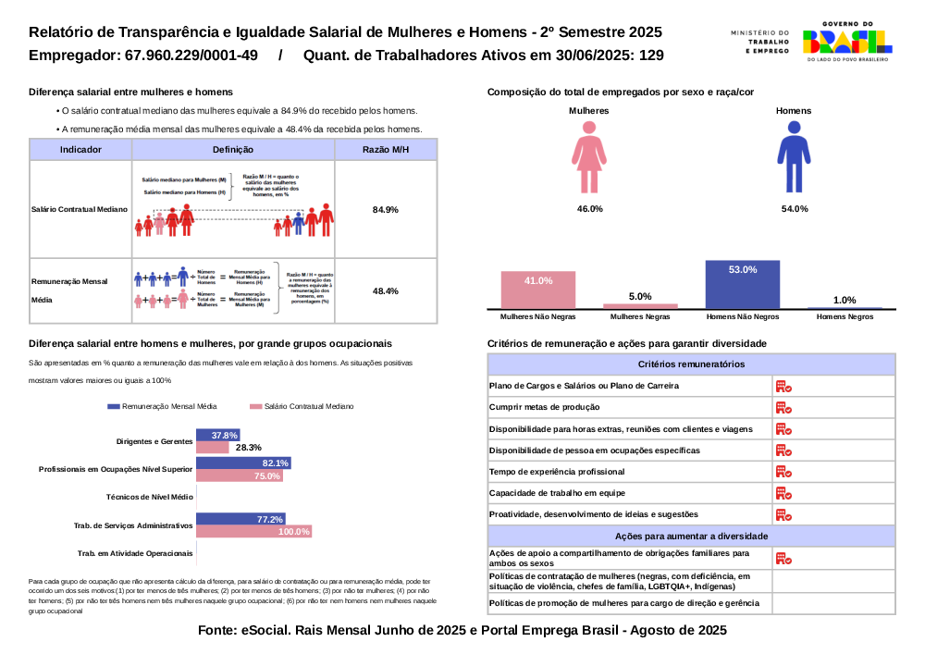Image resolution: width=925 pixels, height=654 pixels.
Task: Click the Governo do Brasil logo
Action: (846, 41)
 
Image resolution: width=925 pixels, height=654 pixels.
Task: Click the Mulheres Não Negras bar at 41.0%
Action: (538, 290)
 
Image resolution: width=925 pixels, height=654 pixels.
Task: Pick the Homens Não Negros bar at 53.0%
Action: (742, 284)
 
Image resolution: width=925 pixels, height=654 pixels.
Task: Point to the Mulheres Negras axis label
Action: (640, 317)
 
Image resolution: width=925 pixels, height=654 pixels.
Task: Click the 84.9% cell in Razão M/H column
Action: (385, 210)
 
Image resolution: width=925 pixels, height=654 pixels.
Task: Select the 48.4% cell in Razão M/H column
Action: (385, 291)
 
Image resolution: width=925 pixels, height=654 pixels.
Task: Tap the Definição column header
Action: (232, 149)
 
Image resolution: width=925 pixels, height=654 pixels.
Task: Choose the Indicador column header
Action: (80, 149)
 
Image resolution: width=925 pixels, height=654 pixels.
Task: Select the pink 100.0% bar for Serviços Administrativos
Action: (253, 532)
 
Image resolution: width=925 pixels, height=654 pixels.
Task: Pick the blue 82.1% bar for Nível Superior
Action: (243, 463)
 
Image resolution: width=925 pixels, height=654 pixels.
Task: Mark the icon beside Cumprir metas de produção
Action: (783, 408)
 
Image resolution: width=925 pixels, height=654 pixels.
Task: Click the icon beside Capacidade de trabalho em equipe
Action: (783, 493)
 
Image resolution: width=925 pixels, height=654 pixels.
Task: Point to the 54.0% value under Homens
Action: (794, 209)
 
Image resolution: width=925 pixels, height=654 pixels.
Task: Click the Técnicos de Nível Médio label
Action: (149, 497)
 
